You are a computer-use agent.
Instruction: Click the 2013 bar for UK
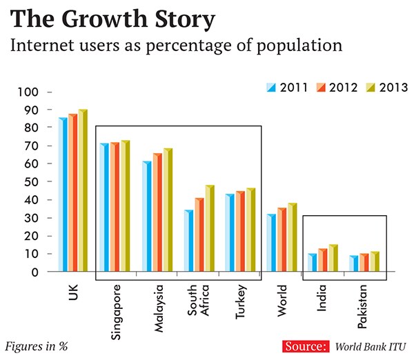[83, 191]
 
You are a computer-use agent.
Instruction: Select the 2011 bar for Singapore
[104, 208]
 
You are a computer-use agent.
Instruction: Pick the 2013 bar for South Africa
[209, 228]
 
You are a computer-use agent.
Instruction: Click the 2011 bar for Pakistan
[353, 264]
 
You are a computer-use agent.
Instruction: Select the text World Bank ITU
[371, 346]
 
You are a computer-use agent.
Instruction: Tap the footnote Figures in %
[37, 346]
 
